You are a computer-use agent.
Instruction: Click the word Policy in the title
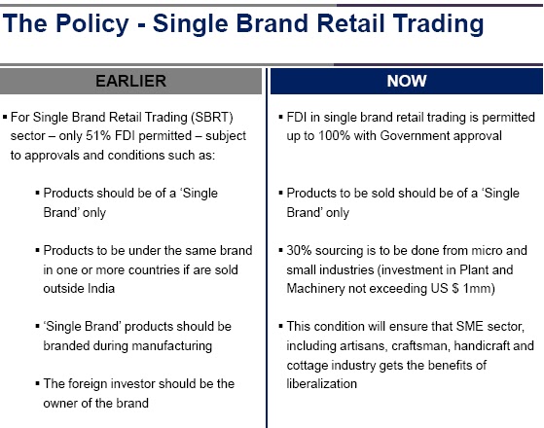click(92, 24)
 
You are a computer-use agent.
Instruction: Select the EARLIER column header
click(130, 81)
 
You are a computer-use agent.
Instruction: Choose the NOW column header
click(407, 81)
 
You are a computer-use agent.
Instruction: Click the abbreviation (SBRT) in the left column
click(212, 118)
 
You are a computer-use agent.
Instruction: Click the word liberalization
click(321, 384)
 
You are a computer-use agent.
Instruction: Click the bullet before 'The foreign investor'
click(38, 383)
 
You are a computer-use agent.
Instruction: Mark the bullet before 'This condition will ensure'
click(281, 327)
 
